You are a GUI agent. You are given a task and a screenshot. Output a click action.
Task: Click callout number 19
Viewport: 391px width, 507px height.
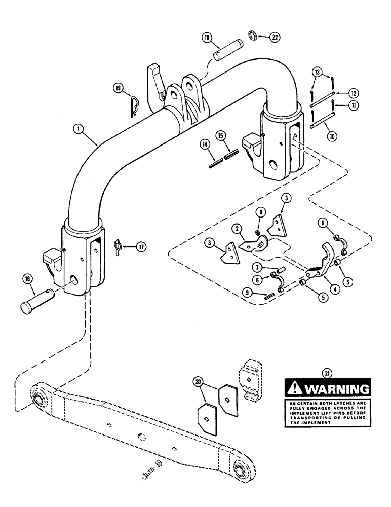tap(118, 88)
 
